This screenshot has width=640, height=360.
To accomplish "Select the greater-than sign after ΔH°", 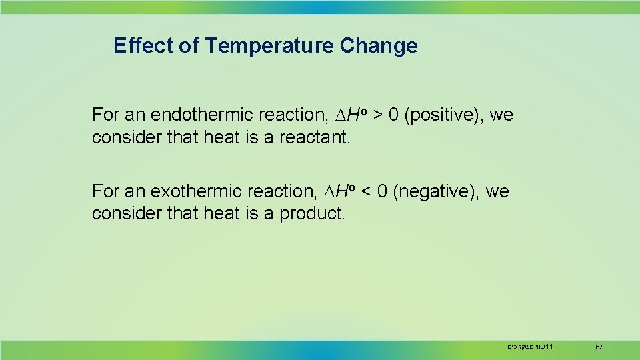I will pos(378,115).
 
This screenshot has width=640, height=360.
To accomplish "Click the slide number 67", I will pos(599,347).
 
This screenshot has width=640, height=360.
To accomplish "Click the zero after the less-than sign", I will pos(382,192).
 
